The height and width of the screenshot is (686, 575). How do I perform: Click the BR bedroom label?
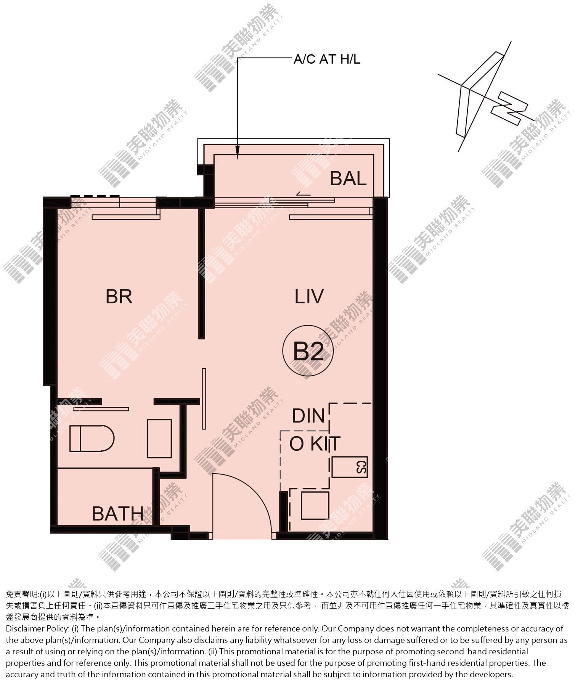[119, 297]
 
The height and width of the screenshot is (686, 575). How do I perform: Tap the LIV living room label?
[309, 297]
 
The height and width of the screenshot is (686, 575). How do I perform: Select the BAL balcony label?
[348, 178]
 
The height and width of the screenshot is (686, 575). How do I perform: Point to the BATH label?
[118, 514]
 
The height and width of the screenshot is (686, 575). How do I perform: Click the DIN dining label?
[308, 416]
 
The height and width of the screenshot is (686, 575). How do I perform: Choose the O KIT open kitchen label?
[315, 443]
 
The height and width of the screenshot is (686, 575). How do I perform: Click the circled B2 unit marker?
[308, 351]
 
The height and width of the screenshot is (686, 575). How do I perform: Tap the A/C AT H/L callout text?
[327, 59]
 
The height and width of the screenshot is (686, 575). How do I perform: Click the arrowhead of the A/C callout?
[237, 155]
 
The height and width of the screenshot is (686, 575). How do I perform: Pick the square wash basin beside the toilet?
[159, 438]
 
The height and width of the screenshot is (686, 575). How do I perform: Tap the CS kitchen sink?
[350, 467]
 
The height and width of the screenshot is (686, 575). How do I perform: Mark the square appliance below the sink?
[315, 506]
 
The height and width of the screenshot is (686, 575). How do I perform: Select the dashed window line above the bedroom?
[95, 196]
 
